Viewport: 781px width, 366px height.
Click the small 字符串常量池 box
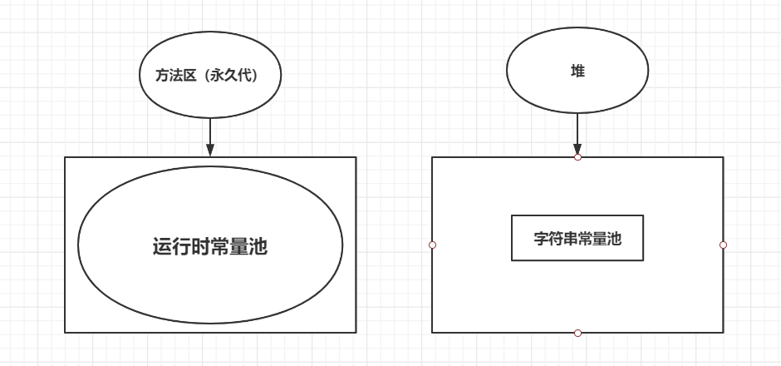[x=577, y=239]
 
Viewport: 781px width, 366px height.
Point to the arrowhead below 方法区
[x=210, y=150]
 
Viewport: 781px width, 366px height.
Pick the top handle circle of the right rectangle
[x=577, y=156]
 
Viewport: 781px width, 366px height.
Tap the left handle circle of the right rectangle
[x=432, y=245]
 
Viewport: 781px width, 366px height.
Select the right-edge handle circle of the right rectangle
[x=723, y=245]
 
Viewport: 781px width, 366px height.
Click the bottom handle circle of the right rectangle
[x=577, y=333]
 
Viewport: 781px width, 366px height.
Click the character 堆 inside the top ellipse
[x=577, y=72]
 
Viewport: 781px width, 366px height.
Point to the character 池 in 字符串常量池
[x=614, y=239]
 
